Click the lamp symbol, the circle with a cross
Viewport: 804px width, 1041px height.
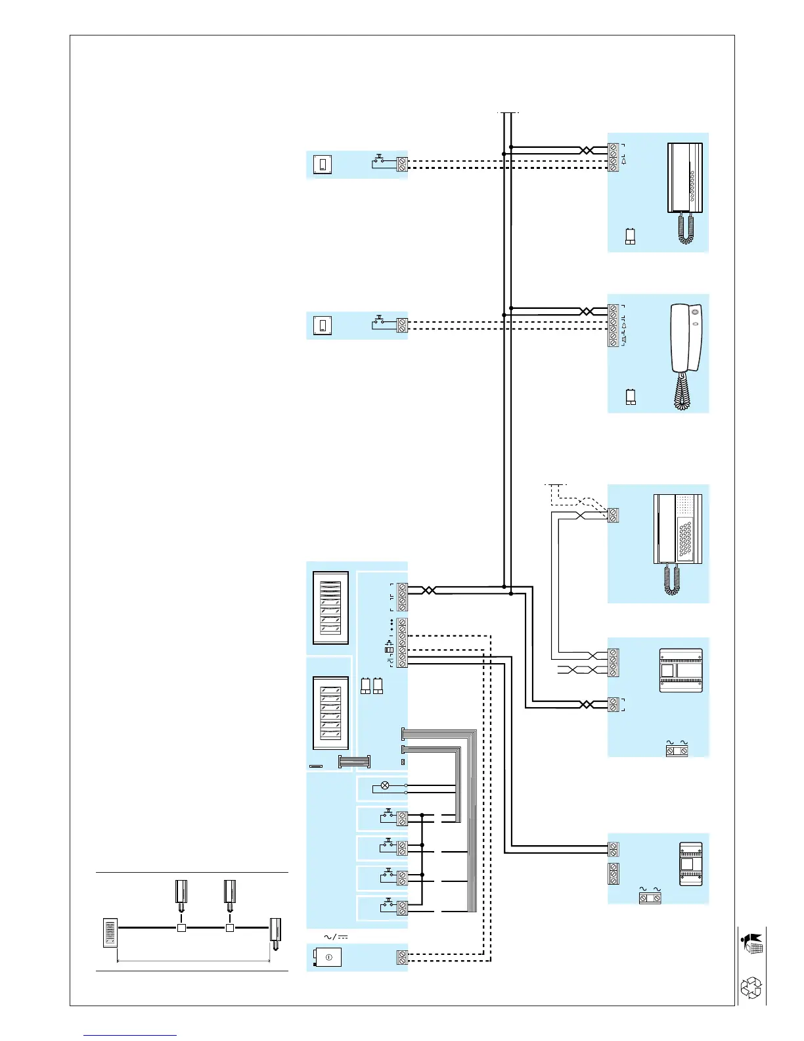[386, 785]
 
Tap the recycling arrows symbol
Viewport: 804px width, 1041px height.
[751, 988]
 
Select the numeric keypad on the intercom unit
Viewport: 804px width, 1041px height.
[685, 540]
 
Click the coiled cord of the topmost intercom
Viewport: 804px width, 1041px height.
[686, 228]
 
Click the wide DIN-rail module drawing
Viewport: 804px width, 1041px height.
[681, 670]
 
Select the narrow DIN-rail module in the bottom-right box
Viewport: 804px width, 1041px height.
[690, 864]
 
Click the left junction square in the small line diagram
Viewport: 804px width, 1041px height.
[182, 928]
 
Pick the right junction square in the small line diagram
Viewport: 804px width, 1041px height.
[230, 928]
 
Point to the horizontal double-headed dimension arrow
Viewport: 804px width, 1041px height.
[194, 961]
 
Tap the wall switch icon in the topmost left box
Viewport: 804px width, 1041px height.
[323, 164]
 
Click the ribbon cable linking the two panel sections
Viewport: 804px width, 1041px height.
[354, 762]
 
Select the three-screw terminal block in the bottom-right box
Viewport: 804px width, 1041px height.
[614, 874]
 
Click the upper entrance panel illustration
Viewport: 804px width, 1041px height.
[330, 608]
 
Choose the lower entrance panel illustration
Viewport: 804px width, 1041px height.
[330, 713]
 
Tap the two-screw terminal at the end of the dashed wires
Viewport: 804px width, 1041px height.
[402, 958]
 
